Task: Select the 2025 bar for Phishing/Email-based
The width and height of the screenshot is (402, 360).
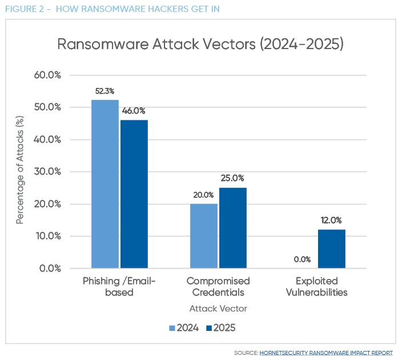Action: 134,194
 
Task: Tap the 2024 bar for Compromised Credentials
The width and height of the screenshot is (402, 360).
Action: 203,236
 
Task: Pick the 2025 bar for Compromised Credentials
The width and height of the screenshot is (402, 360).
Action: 233,228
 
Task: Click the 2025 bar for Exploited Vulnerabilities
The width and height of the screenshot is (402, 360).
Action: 331,249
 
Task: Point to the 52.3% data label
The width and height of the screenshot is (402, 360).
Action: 105,91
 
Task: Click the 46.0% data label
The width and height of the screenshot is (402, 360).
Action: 134,111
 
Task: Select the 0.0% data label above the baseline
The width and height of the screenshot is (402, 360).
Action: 302,259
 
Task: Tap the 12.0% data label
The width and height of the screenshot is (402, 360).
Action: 331,220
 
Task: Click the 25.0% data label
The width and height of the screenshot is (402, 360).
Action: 233,179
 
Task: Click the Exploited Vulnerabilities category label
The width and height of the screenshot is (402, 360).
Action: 317,286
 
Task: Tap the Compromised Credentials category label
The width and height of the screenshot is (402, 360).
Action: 218,286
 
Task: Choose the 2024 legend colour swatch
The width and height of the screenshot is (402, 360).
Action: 172,327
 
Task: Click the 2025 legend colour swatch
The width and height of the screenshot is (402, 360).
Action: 209,327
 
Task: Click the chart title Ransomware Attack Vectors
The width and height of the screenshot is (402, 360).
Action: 200,45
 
